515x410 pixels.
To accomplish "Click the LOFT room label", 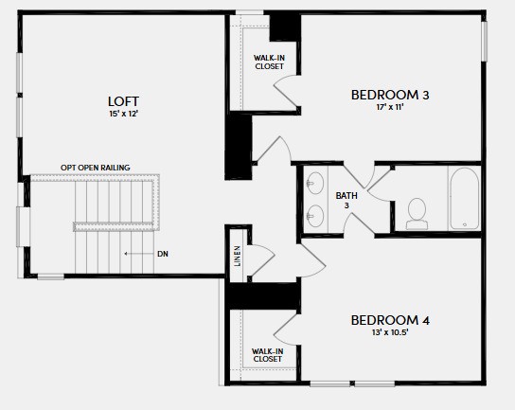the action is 123,101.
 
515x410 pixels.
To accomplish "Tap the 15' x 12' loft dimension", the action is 123,114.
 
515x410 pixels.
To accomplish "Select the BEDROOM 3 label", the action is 390,95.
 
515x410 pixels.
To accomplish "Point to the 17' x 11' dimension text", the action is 389,107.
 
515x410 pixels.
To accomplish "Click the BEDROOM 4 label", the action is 390,320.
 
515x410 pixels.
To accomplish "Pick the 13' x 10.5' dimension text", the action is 390,332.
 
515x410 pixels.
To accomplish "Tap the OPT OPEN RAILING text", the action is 96,168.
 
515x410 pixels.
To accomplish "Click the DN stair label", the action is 163,254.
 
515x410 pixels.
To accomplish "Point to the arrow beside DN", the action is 139,254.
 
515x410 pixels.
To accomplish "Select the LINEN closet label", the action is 237,256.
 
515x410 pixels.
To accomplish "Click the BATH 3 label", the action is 346,201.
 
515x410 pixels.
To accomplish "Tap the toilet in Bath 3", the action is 417,214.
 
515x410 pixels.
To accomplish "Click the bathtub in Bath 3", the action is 465,199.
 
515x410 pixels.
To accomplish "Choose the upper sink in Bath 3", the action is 315,183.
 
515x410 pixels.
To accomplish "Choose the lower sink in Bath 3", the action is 315,216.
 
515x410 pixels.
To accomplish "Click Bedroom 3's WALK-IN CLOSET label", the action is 269,62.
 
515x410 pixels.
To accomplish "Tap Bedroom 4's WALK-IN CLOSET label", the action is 268,355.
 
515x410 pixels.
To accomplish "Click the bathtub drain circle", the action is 465,224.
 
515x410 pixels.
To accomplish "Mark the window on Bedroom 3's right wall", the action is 484,41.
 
